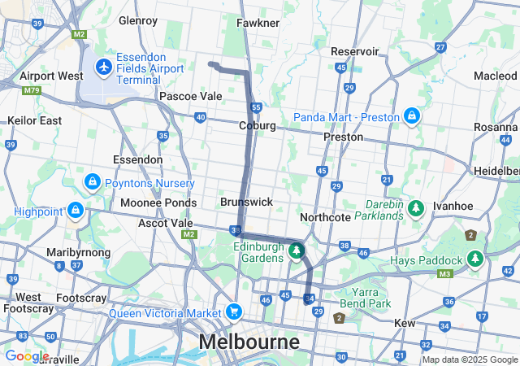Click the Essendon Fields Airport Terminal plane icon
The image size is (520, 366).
pyautogui.click(x=103, y=65)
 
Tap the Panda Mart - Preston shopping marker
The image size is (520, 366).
pyautogui.click(x=412, y=116)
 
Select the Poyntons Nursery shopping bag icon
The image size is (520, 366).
pyautogui.click(x=92, y=180)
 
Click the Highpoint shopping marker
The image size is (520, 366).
pyautogui.click(x=76, y=210)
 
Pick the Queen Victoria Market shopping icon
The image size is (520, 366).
pyautogui.click(x=234, y=311)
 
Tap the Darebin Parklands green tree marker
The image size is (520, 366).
pyautogui.click(x=416, y=209)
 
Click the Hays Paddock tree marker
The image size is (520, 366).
pyautogui.click(x=475, y=259)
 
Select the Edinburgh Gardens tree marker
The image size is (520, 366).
pyautogui.click(x=297, y=250)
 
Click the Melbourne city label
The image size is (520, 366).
pyautogui.click(x=249, y=341)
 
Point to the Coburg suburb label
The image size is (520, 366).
pyautogui.click(x=257, y=126)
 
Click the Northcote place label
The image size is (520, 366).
pyautogui.click(x=325, y=217)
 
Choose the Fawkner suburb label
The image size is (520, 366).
pyautogui.click(x=258, y=23)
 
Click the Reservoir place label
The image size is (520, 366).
pyautogui.click(x=355, y=51)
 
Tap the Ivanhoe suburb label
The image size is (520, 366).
pyautogui.click(x=453, y=206)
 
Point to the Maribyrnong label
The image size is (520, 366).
pyautogui.click(x=72, y=252)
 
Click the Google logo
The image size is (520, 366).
pyautogui.click(x=27, y=355)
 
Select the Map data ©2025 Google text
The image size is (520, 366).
pyautogui.click(x=469, y=359)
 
